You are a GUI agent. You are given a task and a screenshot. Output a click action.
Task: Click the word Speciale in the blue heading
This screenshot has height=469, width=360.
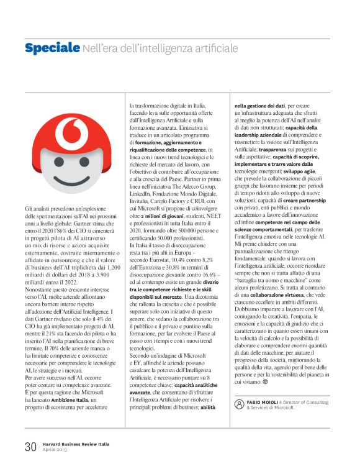coord(52,48)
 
